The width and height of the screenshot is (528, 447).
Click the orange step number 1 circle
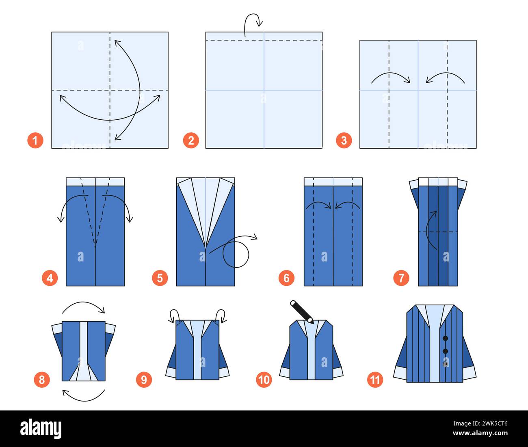click(x=35, y=140)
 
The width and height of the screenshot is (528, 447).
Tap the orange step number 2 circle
click(x=191, y=140)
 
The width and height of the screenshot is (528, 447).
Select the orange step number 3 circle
click(x=344, y=140)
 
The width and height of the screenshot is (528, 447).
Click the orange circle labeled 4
click(x=50, y=278)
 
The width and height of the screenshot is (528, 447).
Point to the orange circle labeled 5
click(x=160, y=278)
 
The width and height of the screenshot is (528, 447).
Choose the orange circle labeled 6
click(x=287, y=278)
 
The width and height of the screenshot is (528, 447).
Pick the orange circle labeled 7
click(x=401, y=278)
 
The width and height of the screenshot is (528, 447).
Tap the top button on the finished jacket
click(x=446, y=338)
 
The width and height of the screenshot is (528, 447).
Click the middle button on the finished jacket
click(x=446, y=351)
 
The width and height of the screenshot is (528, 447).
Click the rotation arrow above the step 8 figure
click(x=84, y=307)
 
